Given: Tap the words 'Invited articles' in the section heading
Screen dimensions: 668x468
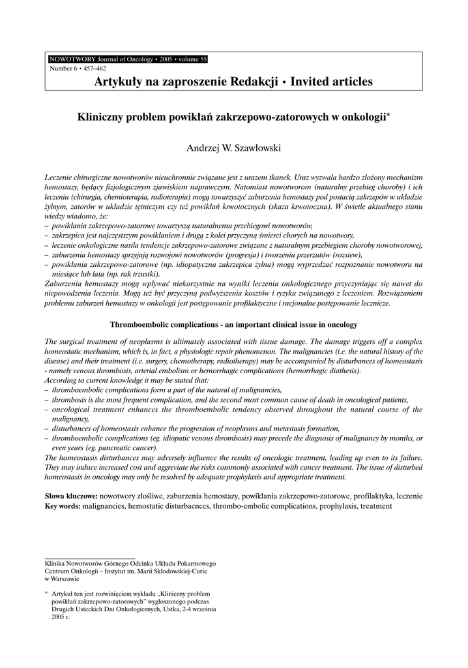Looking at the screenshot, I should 332,82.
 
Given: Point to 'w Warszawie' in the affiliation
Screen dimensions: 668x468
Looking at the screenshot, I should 62,579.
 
